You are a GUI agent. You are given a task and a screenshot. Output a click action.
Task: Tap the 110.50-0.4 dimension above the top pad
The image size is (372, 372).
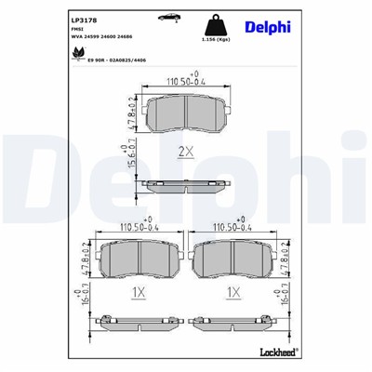[184, 82]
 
